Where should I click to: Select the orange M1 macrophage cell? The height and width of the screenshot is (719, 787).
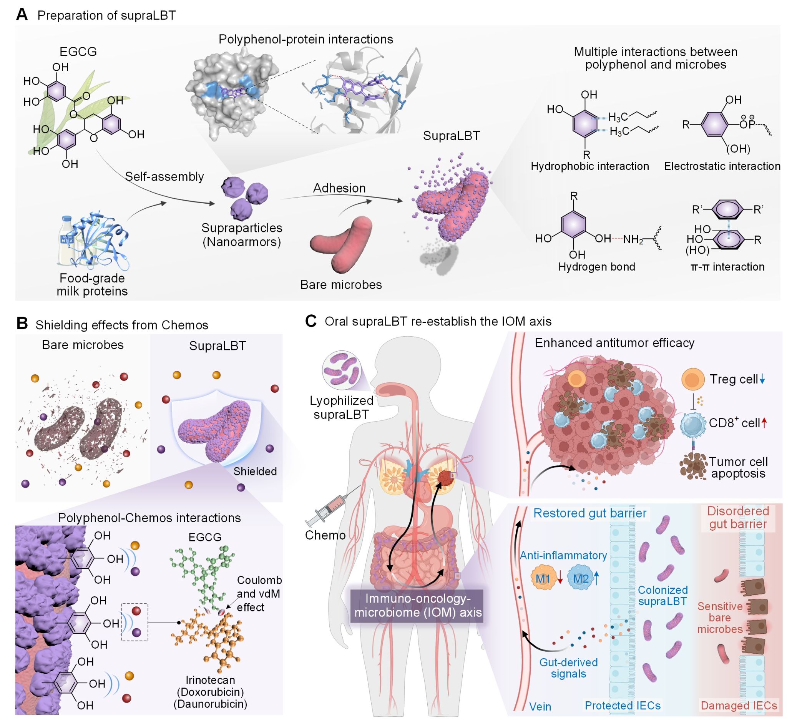coord(543,578)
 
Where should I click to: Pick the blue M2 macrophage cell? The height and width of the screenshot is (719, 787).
coord(581,578)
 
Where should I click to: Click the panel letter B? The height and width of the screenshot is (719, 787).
coord(22,324)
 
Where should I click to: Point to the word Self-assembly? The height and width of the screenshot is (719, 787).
coord(164,177)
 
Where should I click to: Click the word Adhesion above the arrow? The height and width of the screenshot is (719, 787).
coord(339,188)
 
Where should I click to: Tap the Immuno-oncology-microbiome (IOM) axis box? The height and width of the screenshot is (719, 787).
coord(417,605)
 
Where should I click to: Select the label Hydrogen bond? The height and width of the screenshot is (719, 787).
coord(596,267)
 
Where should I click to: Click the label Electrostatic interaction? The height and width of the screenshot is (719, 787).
coord(722,166)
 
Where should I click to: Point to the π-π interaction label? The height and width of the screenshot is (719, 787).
coord(727,267)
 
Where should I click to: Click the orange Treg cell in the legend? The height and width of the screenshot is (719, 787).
coord(692,379)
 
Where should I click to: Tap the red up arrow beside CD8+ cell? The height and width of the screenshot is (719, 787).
coord(764,422)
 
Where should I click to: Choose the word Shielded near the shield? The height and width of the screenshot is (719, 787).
coord(255,472)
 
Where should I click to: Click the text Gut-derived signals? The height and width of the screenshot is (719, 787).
coord(568,668)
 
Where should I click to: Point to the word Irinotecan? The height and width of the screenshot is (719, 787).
coord(210,680)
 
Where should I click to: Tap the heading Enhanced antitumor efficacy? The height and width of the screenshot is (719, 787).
coord(614,343)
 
